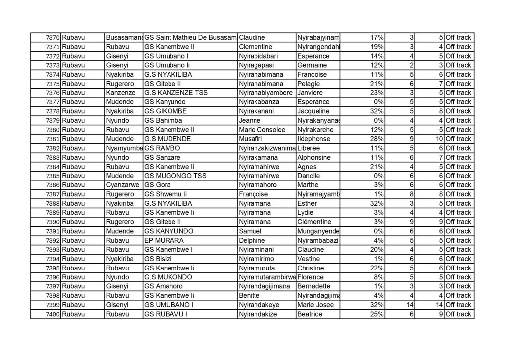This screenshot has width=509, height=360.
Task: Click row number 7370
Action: coord(52,38)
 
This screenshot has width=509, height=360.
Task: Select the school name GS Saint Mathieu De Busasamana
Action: coord(190,38)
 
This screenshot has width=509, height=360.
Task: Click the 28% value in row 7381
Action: coord(376,139)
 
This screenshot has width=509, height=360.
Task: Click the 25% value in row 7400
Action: coord(376,314)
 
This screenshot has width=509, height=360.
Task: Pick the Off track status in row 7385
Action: coord(458,176)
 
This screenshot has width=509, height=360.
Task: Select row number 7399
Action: coord(52,305)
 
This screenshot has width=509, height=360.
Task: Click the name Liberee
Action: coord(309,148)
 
